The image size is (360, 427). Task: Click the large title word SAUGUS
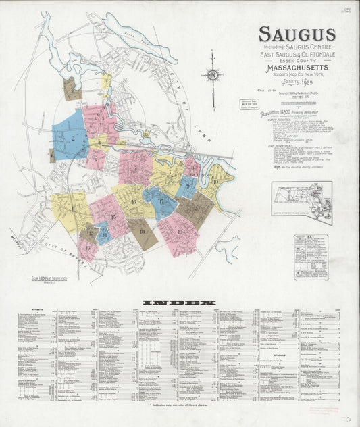coord(297,34)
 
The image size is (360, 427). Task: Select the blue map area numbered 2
coord(69,135)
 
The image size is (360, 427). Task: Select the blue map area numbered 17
coord(160,203)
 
